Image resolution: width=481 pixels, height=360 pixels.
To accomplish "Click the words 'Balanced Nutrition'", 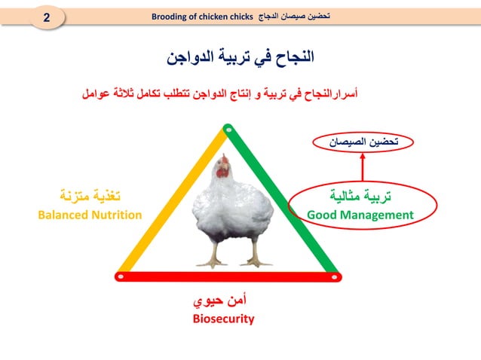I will [90, 215].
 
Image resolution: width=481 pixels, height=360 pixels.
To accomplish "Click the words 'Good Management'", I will [360, 215].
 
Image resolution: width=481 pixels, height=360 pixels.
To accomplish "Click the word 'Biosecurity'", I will [223, 319].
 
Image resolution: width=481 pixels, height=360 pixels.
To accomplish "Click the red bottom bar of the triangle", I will [226, 276].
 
